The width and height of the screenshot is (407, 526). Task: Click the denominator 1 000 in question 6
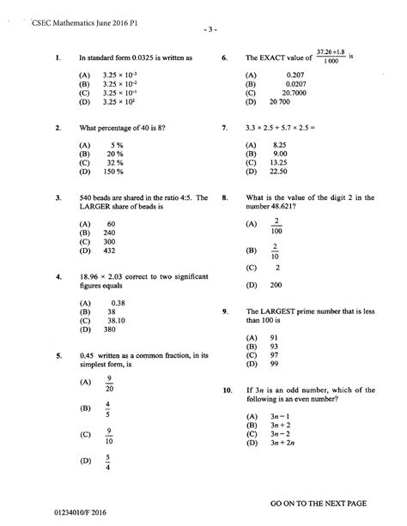click(x=329, y=63)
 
